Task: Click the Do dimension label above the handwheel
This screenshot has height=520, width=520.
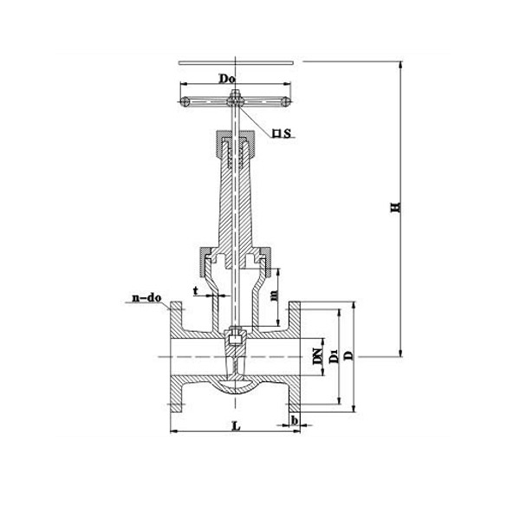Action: [x=228, y=79]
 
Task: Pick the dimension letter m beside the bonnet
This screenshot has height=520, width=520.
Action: [x=274, y=296]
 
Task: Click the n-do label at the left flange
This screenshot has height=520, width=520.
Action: [x=146, y=299]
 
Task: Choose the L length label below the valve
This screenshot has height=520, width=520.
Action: [x=236, y=425]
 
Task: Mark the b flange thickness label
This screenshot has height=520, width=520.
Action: [x=296, y=420]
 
